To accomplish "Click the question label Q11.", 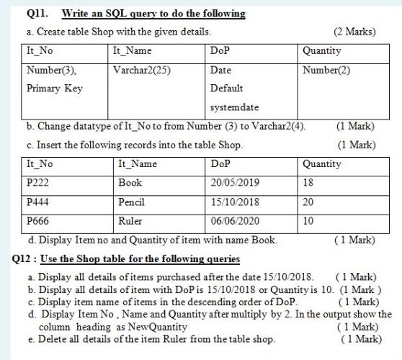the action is coord(36,14).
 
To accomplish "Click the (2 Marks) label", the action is coord(354,32).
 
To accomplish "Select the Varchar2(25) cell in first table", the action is coord(142,71).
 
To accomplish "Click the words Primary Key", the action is coord(54,89).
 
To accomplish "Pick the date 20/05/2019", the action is coord(235,183).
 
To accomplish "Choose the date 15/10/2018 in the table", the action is coord(235,202).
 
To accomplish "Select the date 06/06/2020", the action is coord(235,221).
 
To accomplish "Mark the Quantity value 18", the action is coord(309,183).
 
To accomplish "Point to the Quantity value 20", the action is coord(309,202).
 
